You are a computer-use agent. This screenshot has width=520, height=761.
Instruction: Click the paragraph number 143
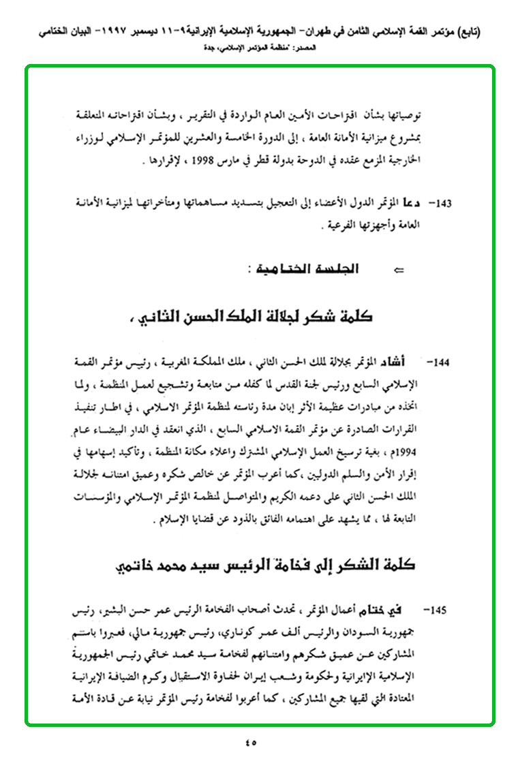444,203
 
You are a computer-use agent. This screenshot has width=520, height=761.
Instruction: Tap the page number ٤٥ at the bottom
260,742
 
